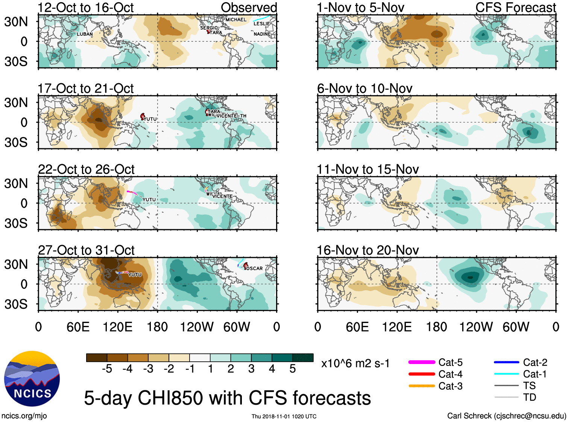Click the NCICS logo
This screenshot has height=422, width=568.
point(32,379)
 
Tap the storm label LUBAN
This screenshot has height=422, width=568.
point(85,34)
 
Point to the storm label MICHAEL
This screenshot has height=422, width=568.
point(236,20)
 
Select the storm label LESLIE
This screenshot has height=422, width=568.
point(261,24)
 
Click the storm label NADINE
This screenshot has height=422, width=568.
point(262,34)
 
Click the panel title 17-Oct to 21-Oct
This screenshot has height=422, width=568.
point(85,88)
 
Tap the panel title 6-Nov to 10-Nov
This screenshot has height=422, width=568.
point(364,88)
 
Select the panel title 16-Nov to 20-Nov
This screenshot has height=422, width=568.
point(368,250)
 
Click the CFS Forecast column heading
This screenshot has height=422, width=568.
point(515,8)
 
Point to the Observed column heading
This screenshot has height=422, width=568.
point(249,8)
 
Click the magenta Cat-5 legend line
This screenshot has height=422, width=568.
point(422,362)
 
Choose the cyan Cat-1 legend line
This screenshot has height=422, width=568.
point(506,374)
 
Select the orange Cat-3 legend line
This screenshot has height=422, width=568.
point(422,386)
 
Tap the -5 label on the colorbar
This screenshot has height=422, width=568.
point(107,369)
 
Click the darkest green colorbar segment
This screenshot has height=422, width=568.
point(303,358)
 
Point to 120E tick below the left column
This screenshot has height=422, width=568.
point(118,327)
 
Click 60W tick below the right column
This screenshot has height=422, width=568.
point(516,327)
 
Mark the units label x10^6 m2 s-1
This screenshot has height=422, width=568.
point(355,363)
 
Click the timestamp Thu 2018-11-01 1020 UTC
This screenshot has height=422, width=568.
point(284,416)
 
